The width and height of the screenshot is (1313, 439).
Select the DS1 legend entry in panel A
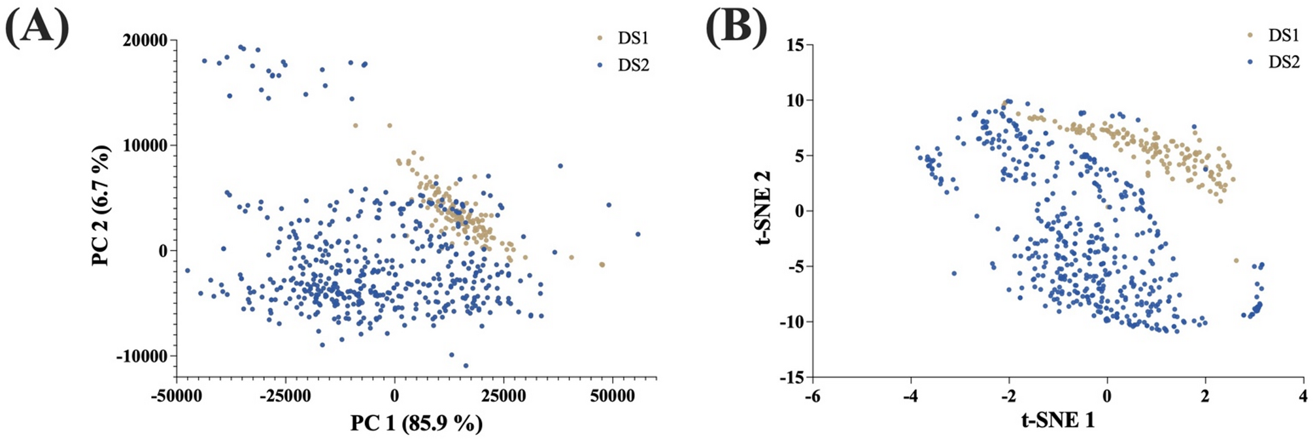632,39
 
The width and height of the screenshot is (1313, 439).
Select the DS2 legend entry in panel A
632,65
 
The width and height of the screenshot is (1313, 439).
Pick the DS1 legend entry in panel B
1283,35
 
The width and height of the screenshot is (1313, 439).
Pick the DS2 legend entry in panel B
1283,62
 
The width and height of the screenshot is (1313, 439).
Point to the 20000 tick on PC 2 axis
145,41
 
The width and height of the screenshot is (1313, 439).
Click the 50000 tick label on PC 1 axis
612,397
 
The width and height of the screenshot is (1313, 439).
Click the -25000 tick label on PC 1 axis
285,397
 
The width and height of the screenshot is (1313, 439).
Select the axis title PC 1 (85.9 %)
417,423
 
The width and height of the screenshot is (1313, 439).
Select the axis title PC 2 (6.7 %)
101,206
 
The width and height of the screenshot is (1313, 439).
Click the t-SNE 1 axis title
1057,419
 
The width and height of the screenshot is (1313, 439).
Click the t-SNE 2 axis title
762,208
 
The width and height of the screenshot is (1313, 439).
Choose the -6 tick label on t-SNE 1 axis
812,397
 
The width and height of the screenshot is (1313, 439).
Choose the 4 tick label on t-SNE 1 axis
1303,397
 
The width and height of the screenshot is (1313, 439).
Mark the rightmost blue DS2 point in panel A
638,234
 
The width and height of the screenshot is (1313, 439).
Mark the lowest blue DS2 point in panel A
466,366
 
